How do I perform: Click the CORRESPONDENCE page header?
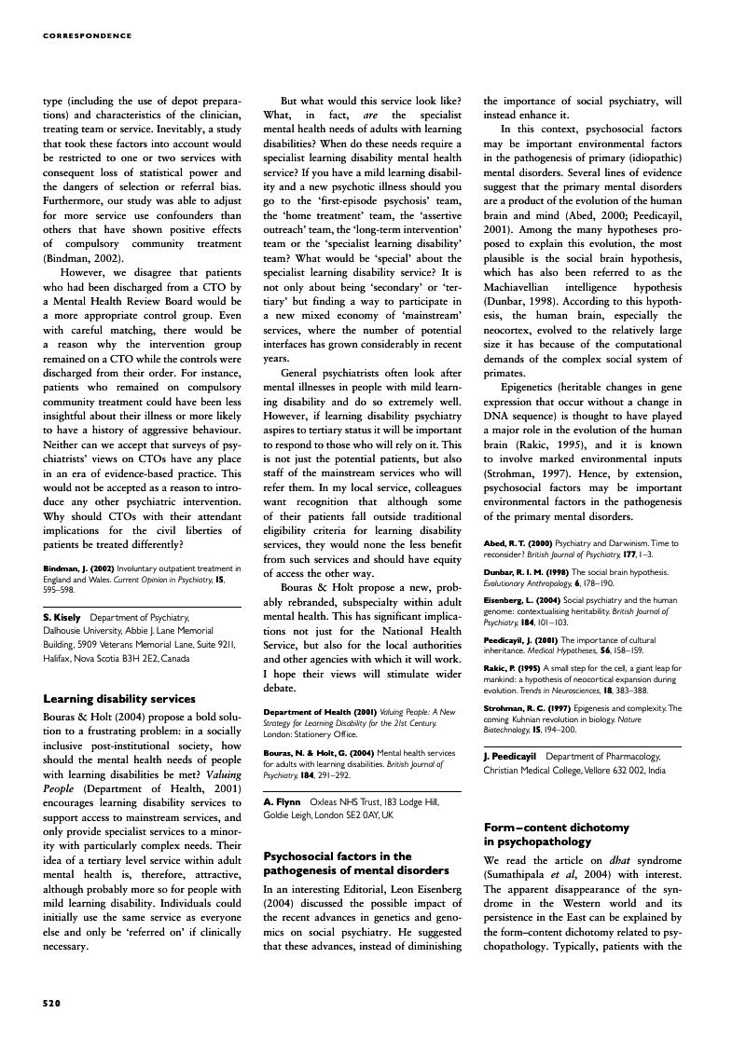[88, 36]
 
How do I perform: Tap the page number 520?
[52, 1003]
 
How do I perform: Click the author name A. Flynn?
[282, 801]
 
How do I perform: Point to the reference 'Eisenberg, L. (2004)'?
[522, 600]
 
